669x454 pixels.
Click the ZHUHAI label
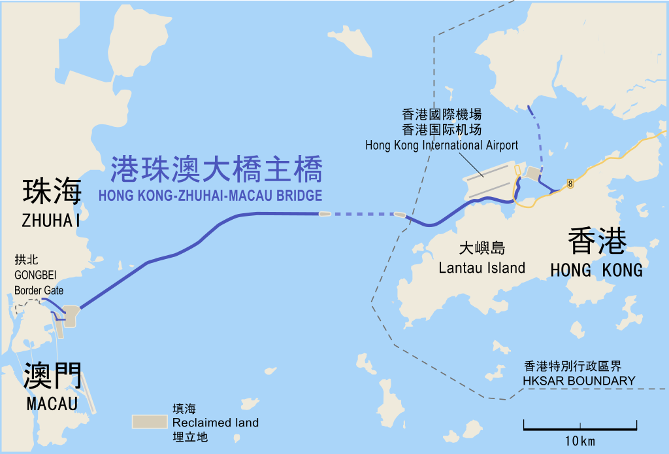51,220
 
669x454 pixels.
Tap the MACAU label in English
52,403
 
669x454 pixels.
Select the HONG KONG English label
596,270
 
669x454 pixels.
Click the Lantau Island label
481,268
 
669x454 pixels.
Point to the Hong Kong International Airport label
442,145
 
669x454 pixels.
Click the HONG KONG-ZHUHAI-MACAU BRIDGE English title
210,196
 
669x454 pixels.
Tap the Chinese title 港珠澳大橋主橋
216,169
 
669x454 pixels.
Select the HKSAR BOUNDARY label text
579,381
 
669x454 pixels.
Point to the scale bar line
580,430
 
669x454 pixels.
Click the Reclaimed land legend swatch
149,422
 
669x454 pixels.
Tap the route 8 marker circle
571,184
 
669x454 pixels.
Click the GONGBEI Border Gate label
39,275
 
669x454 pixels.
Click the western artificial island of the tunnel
324,213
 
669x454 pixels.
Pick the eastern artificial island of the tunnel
399,214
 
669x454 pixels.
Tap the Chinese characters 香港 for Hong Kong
597,241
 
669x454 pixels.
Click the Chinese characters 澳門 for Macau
52,376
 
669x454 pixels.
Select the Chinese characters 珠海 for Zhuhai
52,192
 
